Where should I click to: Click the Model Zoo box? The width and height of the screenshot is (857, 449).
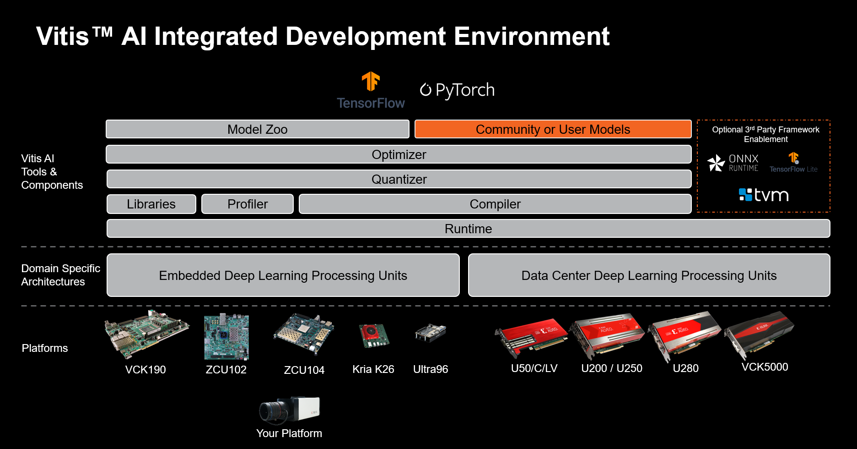pyautogui.click(x=258, y=129)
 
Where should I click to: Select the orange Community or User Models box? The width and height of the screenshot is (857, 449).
pyautogui.click(x=553, y=129)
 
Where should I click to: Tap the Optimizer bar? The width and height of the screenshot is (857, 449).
pyautogui.click(x=399, y=154)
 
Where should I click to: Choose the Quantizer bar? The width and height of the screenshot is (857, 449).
pyautogui.click(x=399, y=179)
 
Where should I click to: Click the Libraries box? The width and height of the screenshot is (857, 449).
pyautogui.click(x=151, y=204)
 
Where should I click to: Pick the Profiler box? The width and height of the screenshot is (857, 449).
pyautogui.click(x=248, y=204)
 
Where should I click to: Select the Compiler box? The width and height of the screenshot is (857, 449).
pyautogui.click(x=495, y=204)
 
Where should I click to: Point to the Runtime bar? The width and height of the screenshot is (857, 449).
pyautogui.click(x=468, y=229)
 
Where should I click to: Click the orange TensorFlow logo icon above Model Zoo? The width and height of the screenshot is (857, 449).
pyautogui.click(x=371, y=82)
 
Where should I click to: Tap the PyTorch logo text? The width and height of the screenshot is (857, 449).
pyautogui.click(x=457, y=90)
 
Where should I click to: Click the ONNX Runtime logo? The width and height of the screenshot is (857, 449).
pyautogui.click(x=733, y=163)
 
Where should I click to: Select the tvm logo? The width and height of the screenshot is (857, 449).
pyautogui.click(x=764, y=195)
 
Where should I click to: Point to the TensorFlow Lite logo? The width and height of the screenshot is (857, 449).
pyautogui.click(x=793, y=163)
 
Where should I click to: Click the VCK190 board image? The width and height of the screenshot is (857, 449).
pyautogui.click(x=146, y=334)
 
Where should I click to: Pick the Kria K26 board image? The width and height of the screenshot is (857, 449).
pyautogui.click(x=374, y=336)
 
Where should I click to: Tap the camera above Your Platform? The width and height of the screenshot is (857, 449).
pyautogui.click(x=289, y=409)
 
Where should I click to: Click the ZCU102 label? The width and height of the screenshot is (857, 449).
pyautogui.click(x=226, y=370)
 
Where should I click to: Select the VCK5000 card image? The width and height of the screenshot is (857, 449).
pyautogui.click(x=760, y=334)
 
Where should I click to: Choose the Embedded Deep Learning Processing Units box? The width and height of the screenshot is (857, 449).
pyautogui.click(x=283, y=275)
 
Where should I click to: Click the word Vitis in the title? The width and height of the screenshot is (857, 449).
pyautogui.click(x=63, y=36)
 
